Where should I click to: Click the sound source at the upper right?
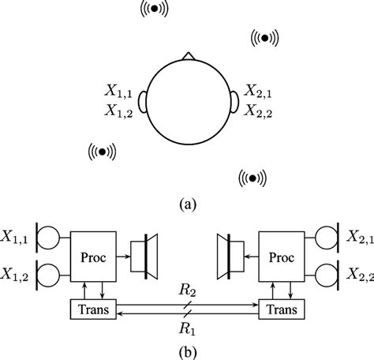point(265,36)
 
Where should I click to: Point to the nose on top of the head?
point(187,57)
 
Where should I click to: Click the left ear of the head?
point(142,101)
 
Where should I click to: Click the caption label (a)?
point(187,204)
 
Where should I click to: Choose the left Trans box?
point(94,309)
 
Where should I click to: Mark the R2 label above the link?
point(186,291)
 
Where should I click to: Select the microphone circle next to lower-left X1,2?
point(47,275)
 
